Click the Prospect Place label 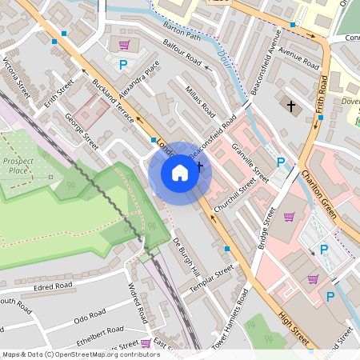(x=18, y=165)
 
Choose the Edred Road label (x=54, y=286)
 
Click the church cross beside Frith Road (x=291, y=106)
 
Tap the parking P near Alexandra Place (x=123, y=65)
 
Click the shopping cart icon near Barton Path (x=124, y=45)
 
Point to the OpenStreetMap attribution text (x=70, y=354)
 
